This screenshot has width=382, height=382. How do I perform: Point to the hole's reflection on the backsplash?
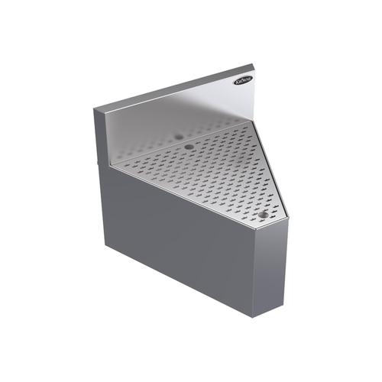click(180, 135)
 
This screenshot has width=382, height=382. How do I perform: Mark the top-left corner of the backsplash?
click(95, 112)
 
